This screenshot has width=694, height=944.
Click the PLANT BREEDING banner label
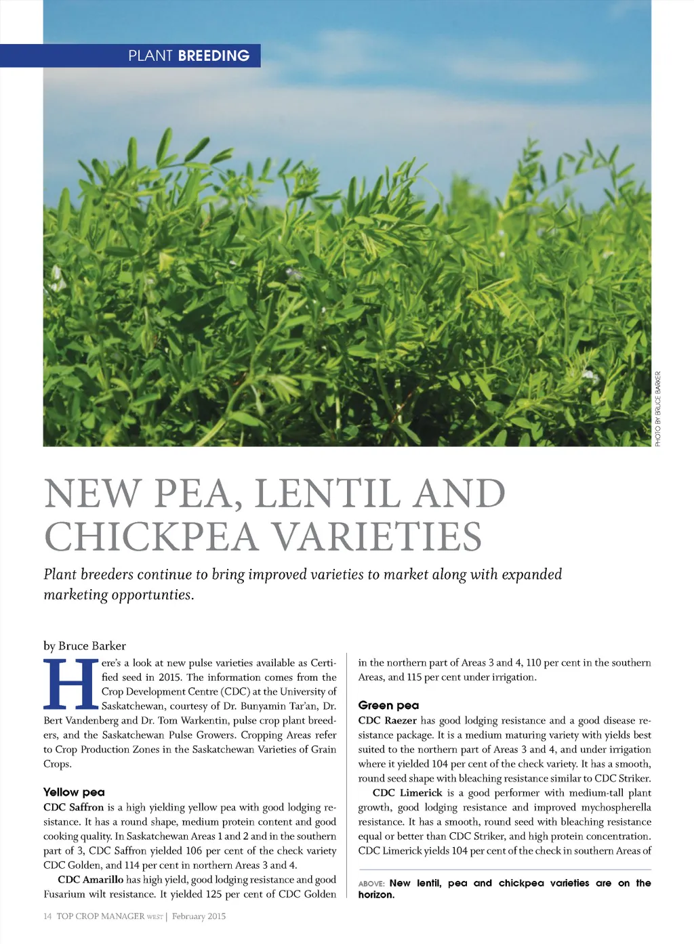(x=188, y=56)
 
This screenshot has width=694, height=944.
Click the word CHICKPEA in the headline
(x=151, y=536)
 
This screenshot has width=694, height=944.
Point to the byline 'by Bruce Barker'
(x=85, y=645)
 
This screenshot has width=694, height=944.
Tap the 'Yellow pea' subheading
(x=74, y=792)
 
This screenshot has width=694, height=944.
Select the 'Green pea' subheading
(x=388, y=705)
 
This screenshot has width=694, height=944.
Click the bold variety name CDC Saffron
(x=74, y=807)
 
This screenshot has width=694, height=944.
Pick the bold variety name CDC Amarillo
(x=91, y=880)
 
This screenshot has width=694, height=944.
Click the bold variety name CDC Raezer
(x=388, y=721)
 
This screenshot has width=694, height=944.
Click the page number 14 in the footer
(x=47, y=916)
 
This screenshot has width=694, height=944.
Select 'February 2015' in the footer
(x=199, y=916)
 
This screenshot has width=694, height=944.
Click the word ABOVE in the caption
(x=371, y=884)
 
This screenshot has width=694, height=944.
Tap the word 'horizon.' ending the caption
(x=376, y=895)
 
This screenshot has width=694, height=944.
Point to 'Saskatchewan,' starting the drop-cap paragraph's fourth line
(x=133, y=706)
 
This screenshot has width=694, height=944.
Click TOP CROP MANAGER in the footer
(x=100, y=916)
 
